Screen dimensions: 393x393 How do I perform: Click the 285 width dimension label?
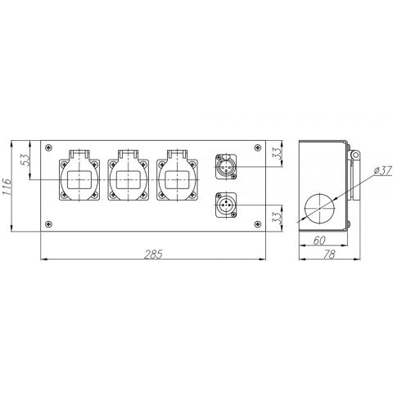tap(153, 254)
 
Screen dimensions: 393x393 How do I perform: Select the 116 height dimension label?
tap(7, 187)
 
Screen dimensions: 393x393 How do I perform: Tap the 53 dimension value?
tap(25, 160)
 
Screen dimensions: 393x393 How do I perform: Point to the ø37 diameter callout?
tap(382, 171)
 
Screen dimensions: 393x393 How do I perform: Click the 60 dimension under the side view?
tap(319, 241)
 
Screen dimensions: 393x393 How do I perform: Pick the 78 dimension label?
tap(329, 255)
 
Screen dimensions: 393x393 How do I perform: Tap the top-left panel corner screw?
tap(48, 147)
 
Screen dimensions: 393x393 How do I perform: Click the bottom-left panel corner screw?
tap(48, 224)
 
